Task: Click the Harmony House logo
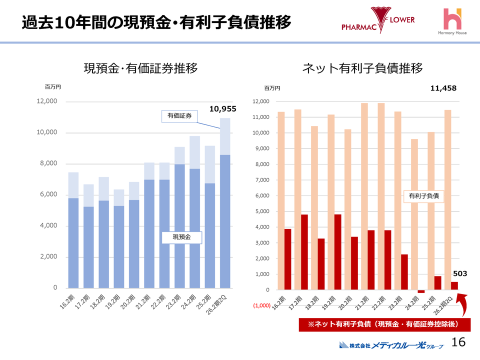(453, 22)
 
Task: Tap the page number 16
(458, 342)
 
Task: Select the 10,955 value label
(222, 108)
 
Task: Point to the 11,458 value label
(443, 88)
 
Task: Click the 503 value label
(460, 274)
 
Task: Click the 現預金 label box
(181, 237)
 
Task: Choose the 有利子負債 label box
(423, 196)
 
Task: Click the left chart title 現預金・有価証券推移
(140, 68)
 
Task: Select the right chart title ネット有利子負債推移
(362, 68)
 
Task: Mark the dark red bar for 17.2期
(304, 252)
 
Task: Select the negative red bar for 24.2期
(421, 291)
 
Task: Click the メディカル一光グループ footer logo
(391, 344)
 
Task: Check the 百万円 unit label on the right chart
(272, 88)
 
